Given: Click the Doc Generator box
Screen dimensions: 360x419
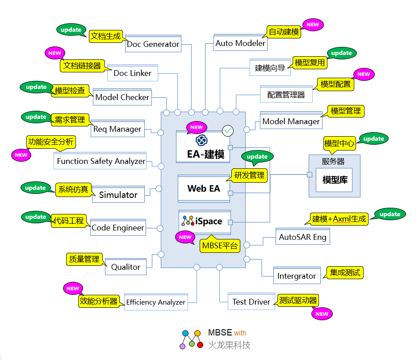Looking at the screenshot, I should tap(153, 44).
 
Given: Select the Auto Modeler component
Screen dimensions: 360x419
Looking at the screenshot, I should tap(240, 43).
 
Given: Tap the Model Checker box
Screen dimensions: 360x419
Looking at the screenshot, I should tap(122, 97).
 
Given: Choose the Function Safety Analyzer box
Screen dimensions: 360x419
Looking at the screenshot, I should tap(101, 161).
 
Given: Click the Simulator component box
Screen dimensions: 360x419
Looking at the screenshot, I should tap(118, 195).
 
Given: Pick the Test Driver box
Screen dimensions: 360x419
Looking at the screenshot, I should tap(251, 302).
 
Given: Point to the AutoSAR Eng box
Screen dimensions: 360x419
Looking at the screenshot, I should tap(302, 237).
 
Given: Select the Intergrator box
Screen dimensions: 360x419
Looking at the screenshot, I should tap(297, 276).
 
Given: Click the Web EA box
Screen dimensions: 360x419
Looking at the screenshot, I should tap(204, 188).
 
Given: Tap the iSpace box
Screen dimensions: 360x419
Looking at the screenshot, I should tap(205, 222).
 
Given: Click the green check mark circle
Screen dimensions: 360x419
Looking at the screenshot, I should tap(228, 131).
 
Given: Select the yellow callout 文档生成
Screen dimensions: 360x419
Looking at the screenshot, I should tap(105, 36).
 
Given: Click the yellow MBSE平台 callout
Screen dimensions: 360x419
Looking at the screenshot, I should tap(220, 245).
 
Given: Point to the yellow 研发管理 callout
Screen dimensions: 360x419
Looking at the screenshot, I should tap(249, 175).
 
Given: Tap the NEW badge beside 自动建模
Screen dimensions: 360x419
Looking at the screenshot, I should tap(313, 25).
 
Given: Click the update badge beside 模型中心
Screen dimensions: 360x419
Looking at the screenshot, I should tap(373, 138).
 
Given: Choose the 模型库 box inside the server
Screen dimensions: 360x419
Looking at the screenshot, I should tap(334, 180).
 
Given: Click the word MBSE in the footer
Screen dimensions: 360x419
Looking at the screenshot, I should tap(220, 332).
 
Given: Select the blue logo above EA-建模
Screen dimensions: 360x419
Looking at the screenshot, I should tap(202, 140).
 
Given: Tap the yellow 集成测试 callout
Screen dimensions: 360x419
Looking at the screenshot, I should tap(344, 272).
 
